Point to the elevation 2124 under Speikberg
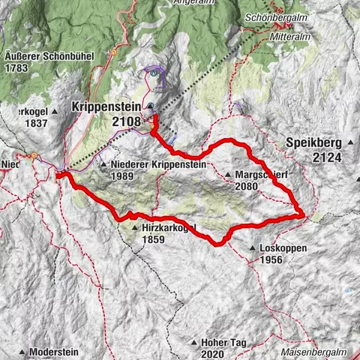coord(328,157)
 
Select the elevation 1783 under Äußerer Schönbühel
coord(16,67)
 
